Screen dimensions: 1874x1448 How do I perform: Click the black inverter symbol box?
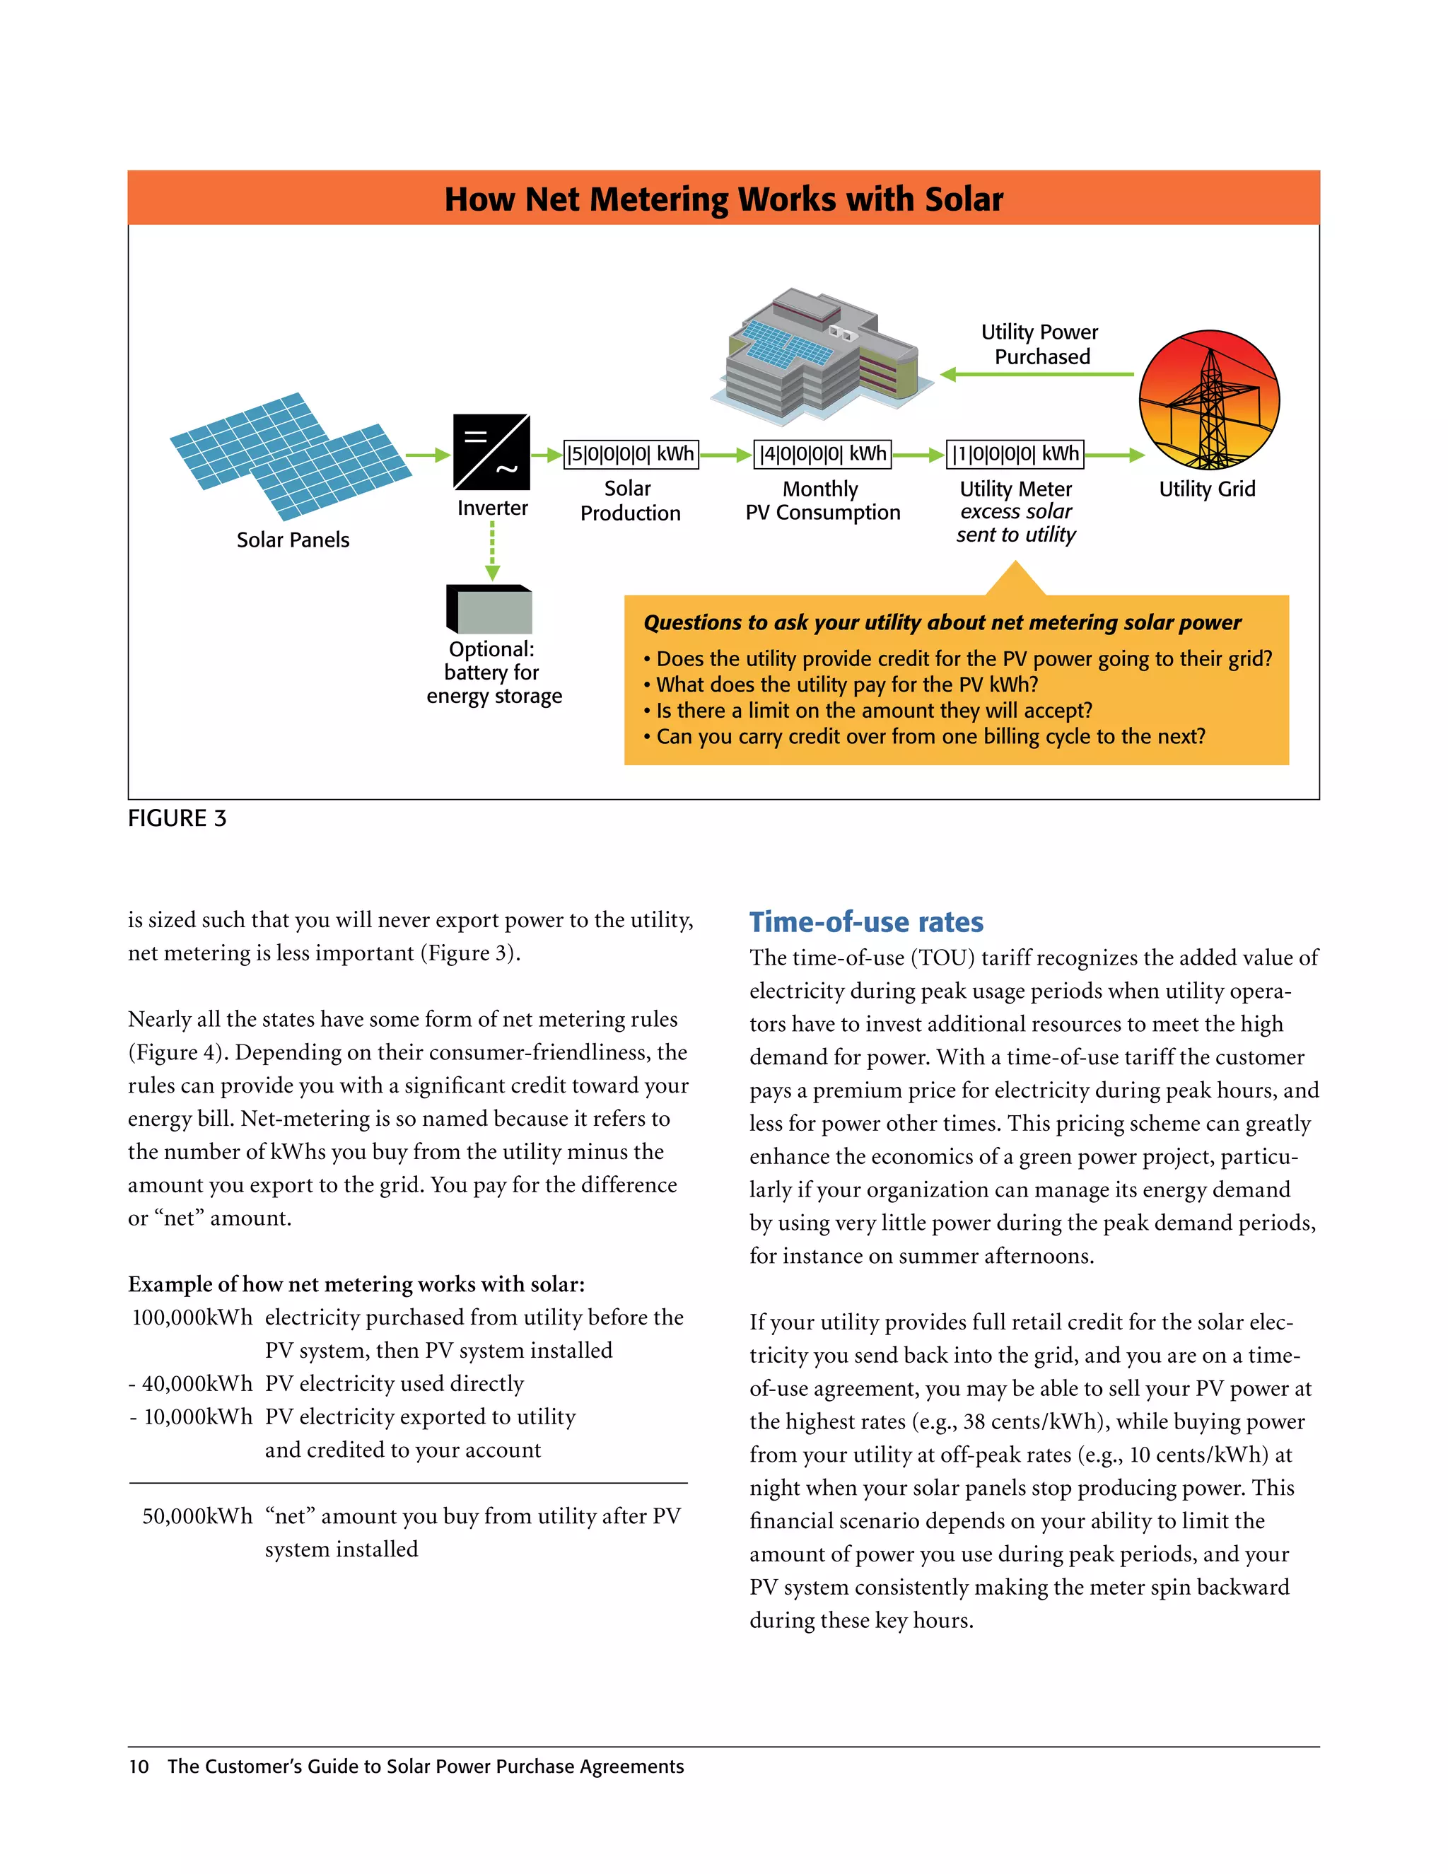click(x=491, y=451)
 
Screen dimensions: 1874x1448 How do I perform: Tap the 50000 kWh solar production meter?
click(x=631, y=454)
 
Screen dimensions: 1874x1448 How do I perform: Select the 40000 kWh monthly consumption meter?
click(x=823, y=454)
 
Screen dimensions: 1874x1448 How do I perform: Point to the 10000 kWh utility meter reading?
click(x=1015, y=454)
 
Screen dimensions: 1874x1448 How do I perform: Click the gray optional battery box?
click(x=491, y=609)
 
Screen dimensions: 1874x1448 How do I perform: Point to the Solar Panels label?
click(x=293, y=540)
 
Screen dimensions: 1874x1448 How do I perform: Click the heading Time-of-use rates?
click(x=865, y=921)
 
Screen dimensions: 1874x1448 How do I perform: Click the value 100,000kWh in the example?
click(x=192, y=1317)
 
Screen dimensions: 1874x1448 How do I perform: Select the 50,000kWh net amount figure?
click(x=197, y=1516)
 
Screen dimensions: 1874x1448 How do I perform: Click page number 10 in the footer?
click(x=138, y=1767)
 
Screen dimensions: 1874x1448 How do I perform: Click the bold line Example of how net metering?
click(x=356, y=1284)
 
